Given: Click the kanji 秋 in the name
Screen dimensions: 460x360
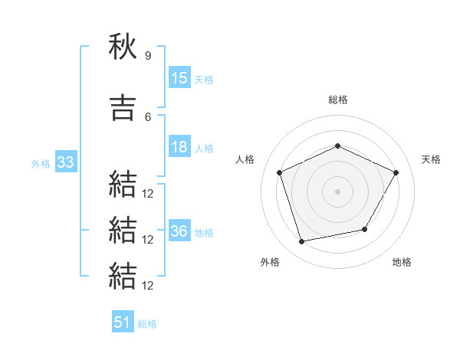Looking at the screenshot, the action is pyautogui.click(x=123, y=46).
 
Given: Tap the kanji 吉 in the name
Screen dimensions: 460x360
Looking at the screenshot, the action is pyautogui.click(x=123, y=107).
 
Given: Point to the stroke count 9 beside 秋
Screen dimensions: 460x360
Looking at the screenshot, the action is pyautogui.click(x=148, y=55).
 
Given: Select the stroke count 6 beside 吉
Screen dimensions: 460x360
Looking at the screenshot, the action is pyautogui.click(x=148, y=117).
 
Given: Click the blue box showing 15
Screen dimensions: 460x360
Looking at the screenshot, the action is pyautogui.click(x=180, y=77).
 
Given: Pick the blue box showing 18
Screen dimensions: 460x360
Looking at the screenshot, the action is pyautogui.click(x=180, y=146).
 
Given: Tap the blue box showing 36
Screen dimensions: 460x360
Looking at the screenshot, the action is pyautogui.click(x=180, y=230).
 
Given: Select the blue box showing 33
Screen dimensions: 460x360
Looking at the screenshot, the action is pyautogui.click(x=66, y=162).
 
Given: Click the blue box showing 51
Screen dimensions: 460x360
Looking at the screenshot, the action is pyautogui.click(x=123, y=321).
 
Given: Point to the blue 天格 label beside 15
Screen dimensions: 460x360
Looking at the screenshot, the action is pyautogui.click(x=204, y=80).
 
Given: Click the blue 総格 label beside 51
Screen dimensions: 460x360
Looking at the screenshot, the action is pyautogui.click(x=147, y=324).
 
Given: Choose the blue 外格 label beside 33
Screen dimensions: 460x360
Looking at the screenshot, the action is pyautogui.click(x=41, y=164).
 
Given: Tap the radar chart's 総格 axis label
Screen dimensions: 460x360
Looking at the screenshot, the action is pyautogui.click(x=338, y=100).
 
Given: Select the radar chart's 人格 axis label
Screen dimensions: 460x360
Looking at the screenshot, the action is pyautogui.click(x=245, y=159).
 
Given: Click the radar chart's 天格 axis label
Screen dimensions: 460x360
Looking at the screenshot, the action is pyautogui.click(x=431, y=159).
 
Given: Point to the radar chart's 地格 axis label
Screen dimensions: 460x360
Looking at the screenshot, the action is pyautogui.click(x=402, y=262).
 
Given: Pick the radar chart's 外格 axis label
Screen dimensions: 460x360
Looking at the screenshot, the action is pyautogui.click(x=270, y=262).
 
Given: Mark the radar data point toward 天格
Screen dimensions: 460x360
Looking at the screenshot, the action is pyautogui.click(x=396, y=172).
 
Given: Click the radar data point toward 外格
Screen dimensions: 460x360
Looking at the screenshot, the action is pyautogui.click(x=302, y=242).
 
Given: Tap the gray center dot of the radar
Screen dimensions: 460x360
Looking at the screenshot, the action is pyautogui.click(x=337, y=191).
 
